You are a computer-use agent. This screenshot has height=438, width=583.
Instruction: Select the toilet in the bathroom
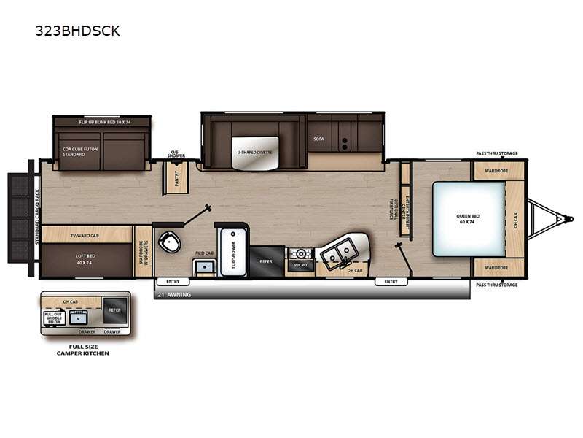point(171,242)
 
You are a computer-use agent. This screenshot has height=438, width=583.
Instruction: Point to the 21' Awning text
point(173,295)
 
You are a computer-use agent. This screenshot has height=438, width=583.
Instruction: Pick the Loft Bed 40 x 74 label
point(85,260)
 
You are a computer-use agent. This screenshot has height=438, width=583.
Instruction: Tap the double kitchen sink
point(336,253)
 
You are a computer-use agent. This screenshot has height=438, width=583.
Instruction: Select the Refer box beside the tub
point(266,259)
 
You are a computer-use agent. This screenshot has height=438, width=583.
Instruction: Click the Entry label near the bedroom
point(391,281)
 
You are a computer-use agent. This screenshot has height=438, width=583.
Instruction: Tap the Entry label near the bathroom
point(173,281)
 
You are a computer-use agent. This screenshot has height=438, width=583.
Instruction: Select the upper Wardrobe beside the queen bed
point(498,170)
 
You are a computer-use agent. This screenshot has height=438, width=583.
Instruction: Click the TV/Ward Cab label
point(85,235)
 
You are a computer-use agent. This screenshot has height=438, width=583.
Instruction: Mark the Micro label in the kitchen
point(299,266)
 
